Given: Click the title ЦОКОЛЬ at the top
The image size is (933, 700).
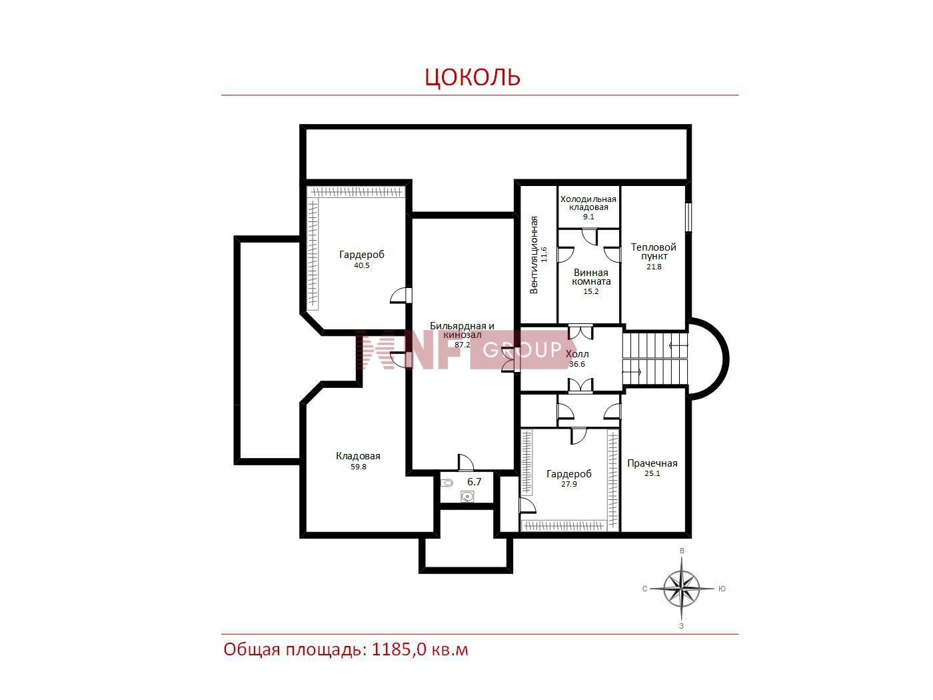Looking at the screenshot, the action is pyautogui.click(x=472, y=77).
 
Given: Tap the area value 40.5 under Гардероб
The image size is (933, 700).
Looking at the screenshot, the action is pyautogui.click(x=362, y=265).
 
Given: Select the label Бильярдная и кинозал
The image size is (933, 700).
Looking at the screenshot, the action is pyautogui.click(x=462, y=330).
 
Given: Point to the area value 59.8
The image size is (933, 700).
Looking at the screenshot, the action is pyautogui.click(x=359, y=467).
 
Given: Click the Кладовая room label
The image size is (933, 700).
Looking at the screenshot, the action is pyautogui.click(x=358, y=456).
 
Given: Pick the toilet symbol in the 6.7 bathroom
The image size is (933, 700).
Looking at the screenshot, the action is pyautogui.click(x=447, y=483).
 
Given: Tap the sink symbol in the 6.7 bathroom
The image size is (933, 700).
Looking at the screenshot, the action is pyautogui.click(x=468, y=497).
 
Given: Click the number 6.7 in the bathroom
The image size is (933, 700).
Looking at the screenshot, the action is pyautogui.click(x=474, y=481).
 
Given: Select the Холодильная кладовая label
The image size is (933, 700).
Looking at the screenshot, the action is pyautogui.click(x=588, y=203).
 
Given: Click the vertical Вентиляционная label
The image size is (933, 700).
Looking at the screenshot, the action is pyautogui.click(x=534, y=255).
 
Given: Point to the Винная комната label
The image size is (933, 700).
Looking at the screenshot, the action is pyautogui.click(x=591, y=277).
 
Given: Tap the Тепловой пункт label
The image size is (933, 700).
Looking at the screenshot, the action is pyautogui.click(x=654, y=251).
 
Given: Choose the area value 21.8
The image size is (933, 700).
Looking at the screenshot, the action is pyautogui.click(x=654, y=267).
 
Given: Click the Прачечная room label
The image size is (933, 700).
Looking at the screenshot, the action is pyautogui.click(x=652, y=463).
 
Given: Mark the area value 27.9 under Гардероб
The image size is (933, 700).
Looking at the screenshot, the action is pyautogui.click(x=569, y=484).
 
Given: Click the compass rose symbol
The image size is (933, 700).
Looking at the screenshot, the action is pyautogui.click(x=681, y=589).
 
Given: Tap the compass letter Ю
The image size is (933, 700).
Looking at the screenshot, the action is pyautogui.click(x=722, y=589).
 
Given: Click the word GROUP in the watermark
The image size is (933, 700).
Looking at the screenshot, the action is pyautogui.click(x=522, y=350).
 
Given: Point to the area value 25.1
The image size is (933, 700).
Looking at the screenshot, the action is pyautogui.click(x=652, y=473).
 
